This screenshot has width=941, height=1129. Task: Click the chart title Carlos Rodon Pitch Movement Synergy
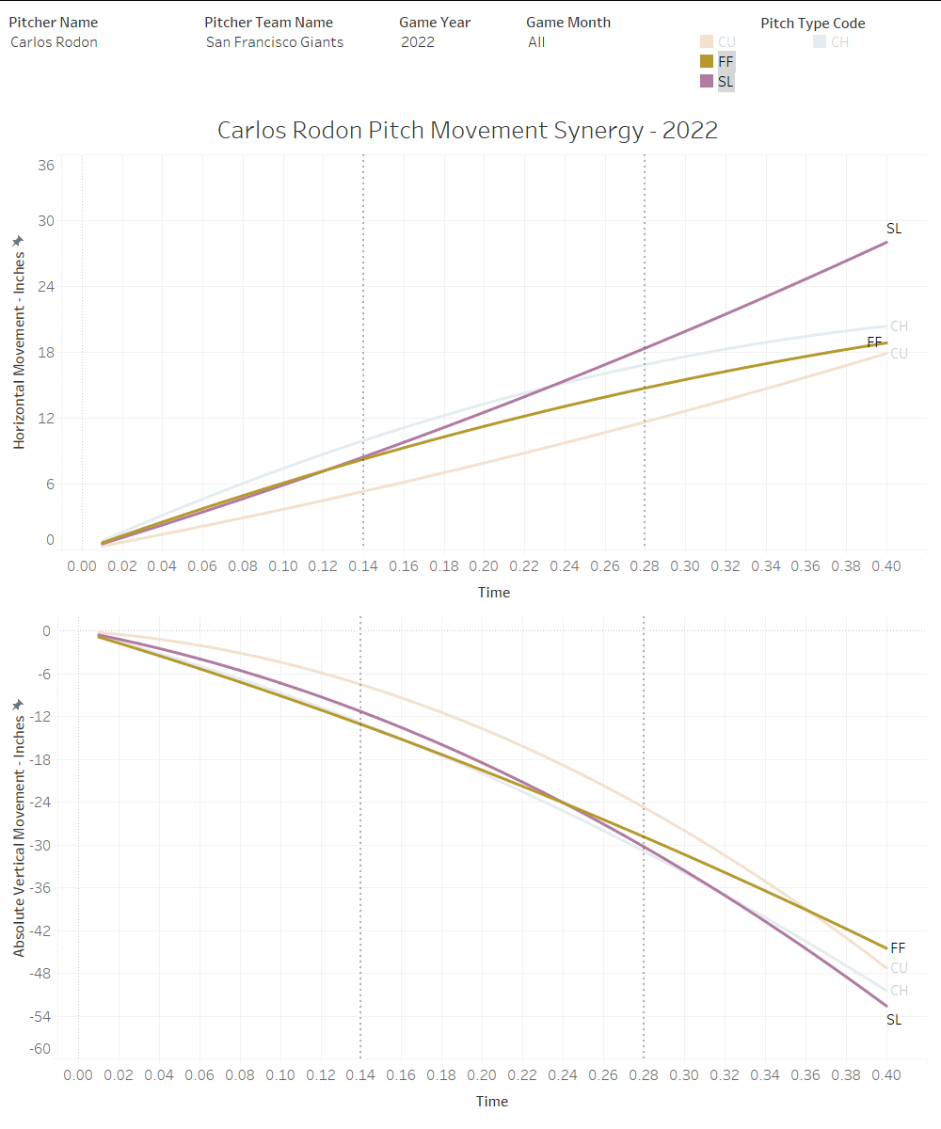click(x=468, y=130)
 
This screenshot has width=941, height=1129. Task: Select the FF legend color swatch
click(x=706, y=61)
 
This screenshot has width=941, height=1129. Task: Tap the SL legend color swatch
click(x=706, y=82)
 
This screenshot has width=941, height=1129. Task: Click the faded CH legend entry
click(x=831, y=41)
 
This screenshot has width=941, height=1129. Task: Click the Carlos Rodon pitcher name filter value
click(x=54, y=41)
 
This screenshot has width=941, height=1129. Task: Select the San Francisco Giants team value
click(x=275, y=41)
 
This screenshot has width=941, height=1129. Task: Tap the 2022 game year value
click(x=418, y=41)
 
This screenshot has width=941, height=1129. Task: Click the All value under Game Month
click(x=536, y=41)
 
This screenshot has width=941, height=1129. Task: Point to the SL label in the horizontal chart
click(x=894, y=229)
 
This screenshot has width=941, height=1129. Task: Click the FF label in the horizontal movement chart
click(x=874, y=342)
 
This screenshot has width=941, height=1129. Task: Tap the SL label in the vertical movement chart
click(x=894, y=1020)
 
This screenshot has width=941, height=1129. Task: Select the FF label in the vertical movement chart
click(x=898, y=947)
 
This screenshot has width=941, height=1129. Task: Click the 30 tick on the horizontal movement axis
click(x=45, y=221)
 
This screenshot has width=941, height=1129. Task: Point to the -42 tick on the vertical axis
click(x=41, y=930)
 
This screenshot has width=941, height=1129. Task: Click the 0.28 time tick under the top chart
click(x=645, y=566)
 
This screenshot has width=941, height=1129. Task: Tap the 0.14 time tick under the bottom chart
click(x=360, y=1075)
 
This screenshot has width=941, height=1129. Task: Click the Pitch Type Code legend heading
click(x=813, y=24)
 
